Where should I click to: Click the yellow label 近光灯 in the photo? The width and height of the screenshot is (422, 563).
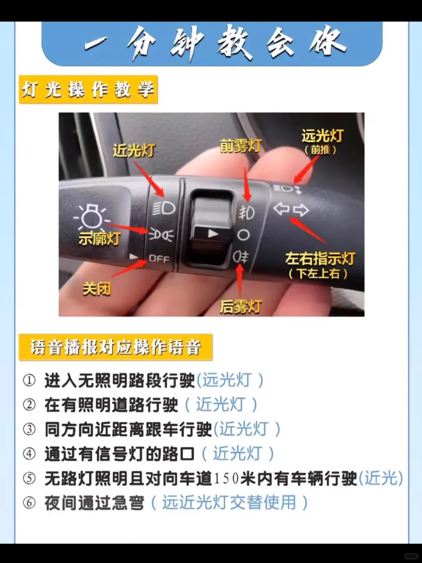pyautogui.click(x=134, y=151)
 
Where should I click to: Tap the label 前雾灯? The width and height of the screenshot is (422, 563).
pyautogui.click(x=240, y=146)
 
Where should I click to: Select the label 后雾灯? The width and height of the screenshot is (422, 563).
pyautogui.click(x=241, y=307)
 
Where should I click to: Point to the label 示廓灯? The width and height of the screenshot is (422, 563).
pyautogui.click(x=99, y=238)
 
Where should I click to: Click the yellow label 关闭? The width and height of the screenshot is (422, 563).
pyautogui.click(x=97, y=289)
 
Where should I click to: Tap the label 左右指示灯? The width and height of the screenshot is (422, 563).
pyautogui.click(x=320, y=259)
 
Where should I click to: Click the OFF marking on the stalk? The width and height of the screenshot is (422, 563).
pyautogui.click(x=159, y=258)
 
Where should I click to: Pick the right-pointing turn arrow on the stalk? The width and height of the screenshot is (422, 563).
pyautogui.click(x=301, y=210)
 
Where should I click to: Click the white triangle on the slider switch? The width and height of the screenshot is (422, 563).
pyautogui.click(x=213, y=234)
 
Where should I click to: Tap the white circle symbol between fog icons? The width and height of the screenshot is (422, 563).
pyautogui.click(x=243, y=235)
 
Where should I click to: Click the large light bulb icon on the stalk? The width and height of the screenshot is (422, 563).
pyautogui.click(x=91, y=217)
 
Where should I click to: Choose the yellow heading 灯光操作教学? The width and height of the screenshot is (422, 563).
pyautogui.click(x=88, y=90)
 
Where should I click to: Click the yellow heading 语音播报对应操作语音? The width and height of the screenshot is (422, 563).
pyautogui.click(x=116, y=347)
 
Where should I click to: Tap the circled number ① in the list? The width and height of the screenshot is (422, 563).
pyautogui.click(x=29, y=380)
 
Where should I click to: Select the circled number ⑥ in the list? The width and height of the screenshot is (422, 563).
pyautogui.click(x=29, y=503)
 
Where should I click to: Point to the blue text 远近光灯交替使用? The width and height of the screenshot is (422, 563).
pyautogui.click(x=229, y=503)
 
